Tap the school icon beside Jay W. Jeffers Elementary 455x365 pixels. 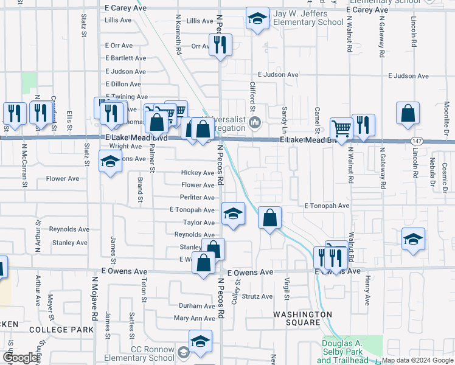coord(257,18)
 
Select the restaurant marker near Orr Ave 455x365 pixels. coord(220,44)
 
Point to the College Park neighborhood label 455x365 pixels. coord(60,329)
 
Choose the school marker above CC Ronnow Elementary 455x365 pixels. coord(200,342)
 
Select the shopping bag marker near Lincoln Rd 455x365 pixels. coord(407,113)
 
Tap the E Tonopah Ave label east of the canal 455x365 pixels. coord(327,206)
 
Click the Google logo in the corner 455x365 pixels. coord(20,357)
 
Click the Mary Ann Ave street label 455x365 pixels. coord(195,318)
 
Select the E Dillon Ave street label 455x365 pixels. coord(126,84)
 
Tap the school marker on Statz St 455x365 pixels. coord(110,162)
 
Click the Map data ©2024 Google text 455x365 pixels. coord(417,361)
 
